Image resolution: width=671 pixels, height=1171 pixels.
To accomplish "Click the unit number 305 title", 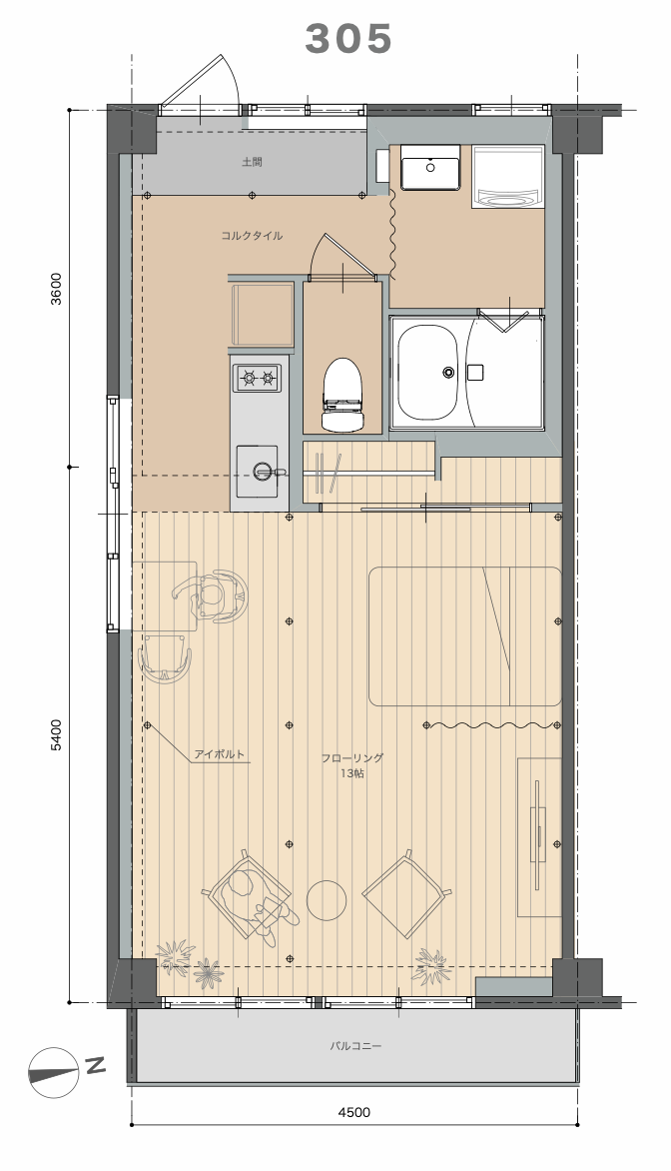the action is click(348, 39).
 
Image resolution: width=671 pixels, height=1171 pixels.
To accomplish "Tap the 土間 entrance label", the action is click(253, 161).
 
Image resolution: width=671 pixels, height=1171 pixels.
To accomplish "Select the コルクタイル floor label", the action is click(252, 236).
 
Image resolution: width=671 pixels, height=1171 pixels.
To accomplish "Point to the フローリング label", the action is click(352, 758).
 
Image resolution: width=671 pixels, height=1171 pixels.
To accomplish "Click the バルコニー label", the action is click(356, 1046).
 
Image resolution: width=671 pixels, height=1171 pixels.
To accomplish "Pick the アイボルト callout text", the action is click(220, 754).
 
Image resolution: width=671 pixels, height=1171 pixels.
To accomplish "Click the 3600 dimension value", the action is click(58, 289).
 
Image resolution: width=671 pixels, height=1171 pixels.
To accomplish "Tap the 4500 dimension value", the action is click(353, 1112).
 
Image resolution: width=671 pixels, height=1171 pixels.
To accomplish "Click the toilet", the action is click(342, 394).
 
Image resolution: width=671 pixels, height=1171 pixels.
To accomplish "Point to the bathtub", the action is click(427, 372).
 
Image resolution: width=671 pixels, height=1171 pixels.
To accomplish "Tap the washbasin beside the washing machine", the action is click(430, 168).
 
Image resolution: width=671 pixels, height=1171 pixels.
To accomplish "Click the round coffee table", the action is click(327, 900).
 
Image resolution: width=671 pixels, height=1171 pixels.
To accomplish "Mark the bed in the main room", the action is click(465, 636).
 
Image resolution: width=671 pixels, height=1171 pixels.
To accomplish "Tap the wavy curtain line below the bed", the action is click(492, 724).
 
